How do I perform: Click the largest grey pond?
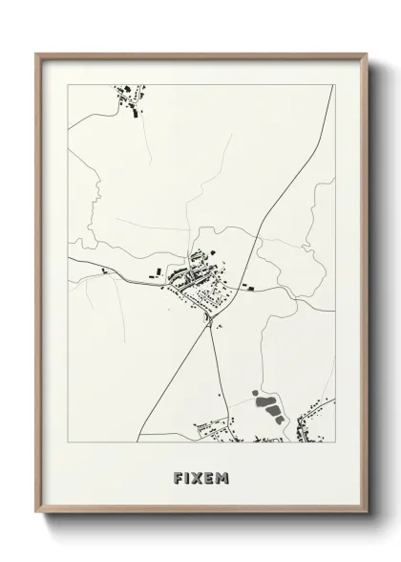pos(273,410)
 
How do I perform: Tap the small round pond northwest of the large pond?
pos(256,393)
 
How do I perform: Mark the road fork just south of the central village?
pos(210,321)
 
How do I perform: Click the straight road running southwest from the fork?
pos(172,382)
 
